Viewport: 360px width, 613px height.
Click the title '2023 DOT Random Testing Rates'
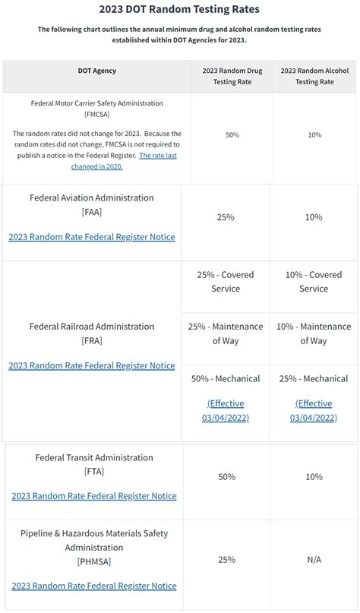click(179, 10)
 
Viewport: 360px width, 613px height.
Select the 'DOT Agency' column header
click(97, 71)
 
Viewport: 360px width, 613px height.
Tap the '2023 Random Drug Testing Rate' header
click(232, 76)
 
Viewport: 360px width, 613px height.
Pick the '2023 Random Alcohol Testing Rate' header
click(314, 76)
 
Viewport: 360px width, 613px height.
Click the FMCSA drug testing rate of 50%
click(232, 134)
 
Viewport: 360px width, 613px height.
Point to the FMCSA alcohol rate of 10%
click(314, 134)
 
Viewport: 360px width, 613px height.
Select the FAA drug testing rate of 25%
click(226, 217)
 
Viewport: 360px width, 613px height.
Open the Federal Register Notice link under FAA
click(92, 237)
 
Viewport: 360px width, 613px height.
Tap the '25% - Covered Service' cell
click(226, 282)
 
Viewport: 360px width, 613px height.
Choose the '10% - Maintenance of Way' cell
click(314, 333)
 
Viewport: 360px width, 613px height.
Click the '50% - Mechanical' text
click(226, 378)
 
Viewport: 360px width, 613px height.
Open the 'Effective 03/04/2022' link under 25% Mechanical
click(314, 410)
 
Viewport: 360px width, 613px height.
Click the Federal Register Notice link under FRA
click(92, 365)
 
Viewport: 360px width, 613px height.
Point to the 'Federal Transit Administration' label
click(94, 457)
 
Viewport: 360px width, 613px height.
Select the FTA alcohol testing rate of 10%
click(314, 477)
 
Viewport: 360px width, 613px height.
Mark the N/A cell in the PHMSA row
click(314, 560)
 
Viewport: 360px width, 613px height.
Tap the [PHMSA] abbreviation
click(94, 561)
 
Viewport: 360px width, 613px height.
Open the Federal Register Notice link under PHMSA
click(94, 586)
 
